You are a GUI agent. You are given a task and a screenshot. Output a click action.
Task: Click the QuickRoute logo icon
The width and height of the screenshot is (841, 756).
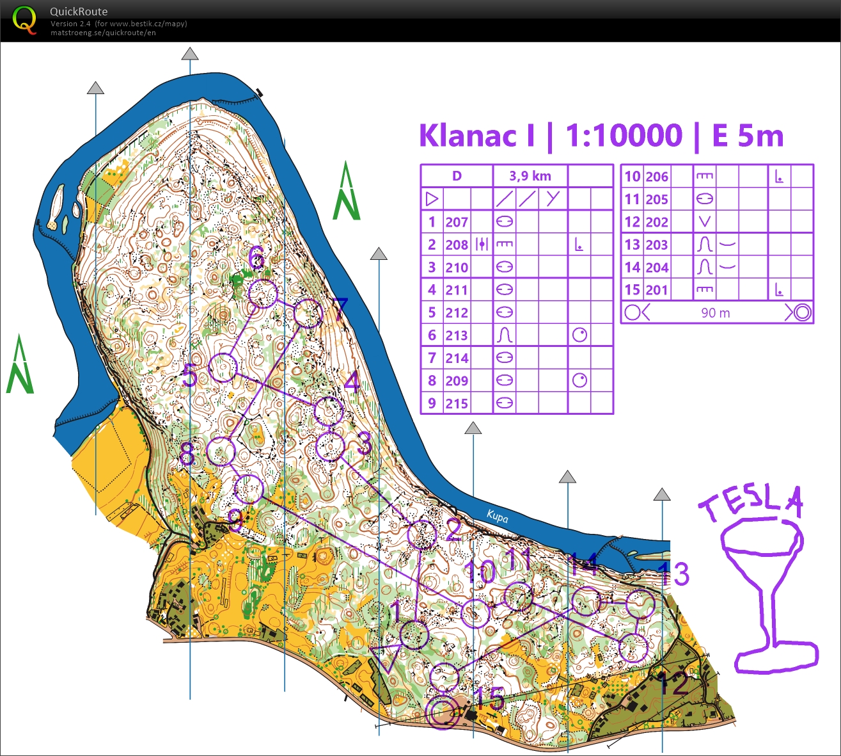(x=24, y=19)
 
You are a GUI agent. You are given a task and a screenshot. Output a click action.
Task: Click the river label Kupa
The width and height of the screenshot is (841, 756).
(x=497, y=516)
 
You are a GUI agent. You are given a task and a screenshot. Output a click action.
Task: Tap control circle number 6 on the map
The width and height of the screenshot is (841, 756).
(x=263, y=294)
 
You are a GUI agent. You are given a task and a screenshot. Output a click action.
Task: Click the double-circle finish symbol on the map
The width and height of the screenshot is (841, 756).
(x=442, y=713)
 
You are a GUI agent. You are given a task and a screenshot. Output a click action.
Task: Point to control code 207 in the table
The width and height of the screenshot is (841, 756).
(x=457, y=222)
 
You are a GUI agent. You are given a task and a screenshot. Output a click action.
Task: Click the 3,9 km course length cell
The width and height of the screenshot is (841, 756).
(x=530, y=176)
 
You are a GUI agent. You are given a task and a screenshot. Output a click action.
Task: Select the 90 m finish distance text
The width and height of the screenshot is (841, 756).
(x=715, y=313)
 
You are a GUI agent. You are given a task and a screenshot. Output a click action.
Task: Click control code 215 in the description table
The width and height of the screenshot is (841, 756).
(x=457, y=404)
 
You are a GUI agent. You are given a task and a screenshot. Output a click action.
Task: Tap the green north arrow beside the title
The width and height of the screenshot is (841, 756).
(x=346, y=192)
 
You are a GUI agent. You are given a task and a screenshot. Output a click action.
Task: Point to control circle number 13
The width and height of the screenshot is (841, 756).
(x=640, y=604)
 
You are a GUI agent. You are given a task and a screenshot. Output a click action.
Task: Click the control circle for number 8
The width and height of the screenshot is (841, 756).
(x=221, y=452)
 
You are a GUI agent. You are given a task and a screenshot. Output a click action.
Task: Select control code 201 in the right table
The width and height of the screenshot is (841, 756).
(x=656, y=290)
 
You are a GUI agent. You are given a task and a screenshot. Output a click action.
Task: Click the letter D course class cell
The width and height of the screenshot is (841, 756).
(x=457, y=176)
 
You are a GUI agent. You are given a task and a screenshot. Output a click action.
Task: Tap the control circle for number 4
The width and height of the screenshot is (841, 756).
(x=329, y=411)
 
